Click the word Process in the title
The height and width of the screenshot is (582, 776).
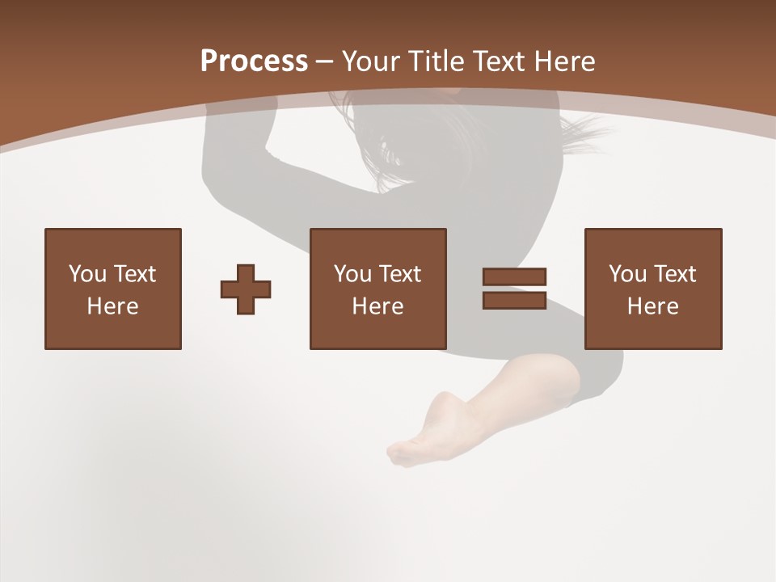click(x=254, y=61)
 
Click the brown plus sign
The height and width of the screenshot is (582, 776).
click(x=246, y=289)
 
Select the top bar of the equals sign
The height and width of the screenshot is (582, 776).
click(x=514, y=277)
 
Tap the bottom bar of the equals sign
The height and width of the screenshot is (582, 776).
click(x=514, y=300)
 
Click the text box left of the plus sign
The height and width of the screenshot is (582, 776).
click(x=113, y=289)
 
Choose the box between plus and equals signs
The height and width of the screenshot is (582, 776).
click(x=377, y=289)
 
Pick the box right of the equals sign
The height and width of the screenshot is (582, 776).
click(x=652, y=289)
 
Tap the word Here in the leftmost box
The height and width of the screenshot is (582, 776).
click(x=113, y=306)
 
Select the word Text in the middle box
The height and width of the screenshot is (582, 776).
click(x=400, y=274)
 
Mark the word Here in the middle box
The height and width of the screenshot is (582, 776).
click(x=377, y=306)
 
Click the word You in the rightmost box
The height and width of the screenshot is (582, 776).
click(x=627, y=274)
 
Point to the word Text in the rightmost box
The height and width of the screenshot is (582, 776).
click(x=675, y=274)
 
